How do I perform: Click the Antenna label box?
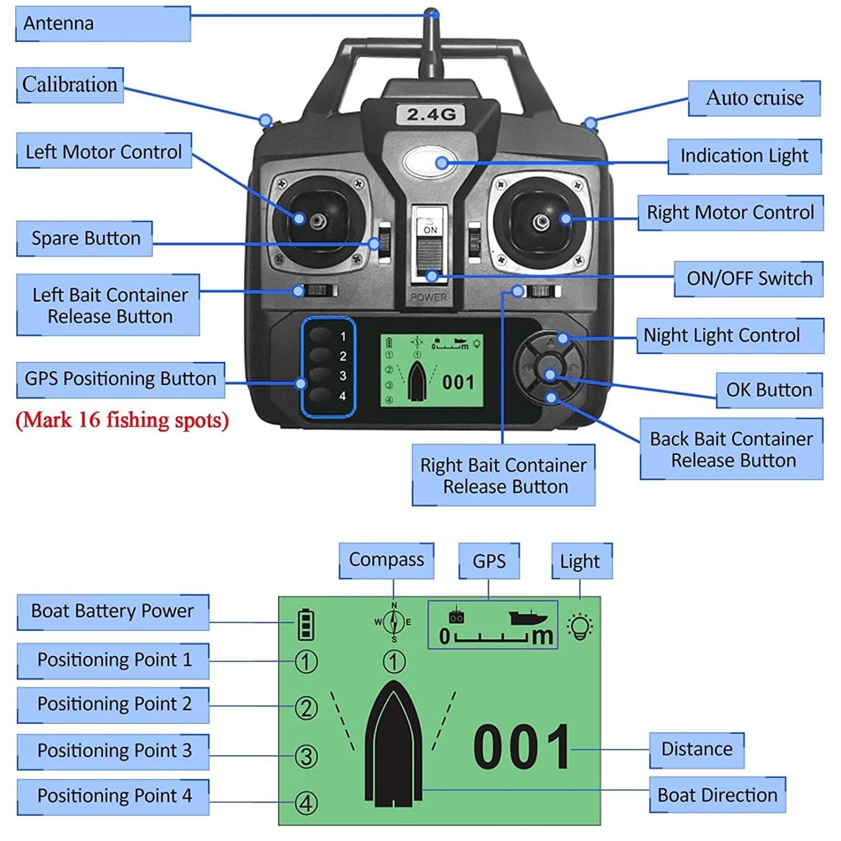tap(103, 24)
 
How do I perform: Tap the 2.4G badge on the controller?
tap(431, 114)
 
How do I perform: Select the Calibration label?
tap(70, 85)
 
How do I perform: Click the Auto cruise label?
tap(754, 98)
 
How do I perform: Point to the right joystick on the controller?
tap(542, 222)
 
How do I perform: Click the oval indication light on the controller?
tap(430, 162)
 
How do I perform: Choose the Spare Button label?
tap(85, 238)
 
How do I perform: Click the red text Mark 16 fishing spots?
tap(122, 420)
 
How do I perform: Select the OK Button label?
tap(769, 390)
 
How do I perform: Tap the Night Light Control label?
tap(730, 336)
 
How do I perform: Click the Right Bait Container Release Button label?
tap(503, 475)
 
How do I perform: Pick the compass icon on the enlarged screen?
tap(394, 622)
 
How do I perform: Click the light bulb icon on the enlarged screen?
tap(580, 626)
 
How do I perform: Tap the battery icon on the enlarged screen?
tap(306, 624)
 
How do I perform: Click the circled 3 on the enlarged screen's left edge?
tap(306, 756)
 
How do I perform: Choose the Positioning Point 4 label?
tap(113, 797)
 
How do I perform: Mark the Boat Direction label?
tap(718, 795)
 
